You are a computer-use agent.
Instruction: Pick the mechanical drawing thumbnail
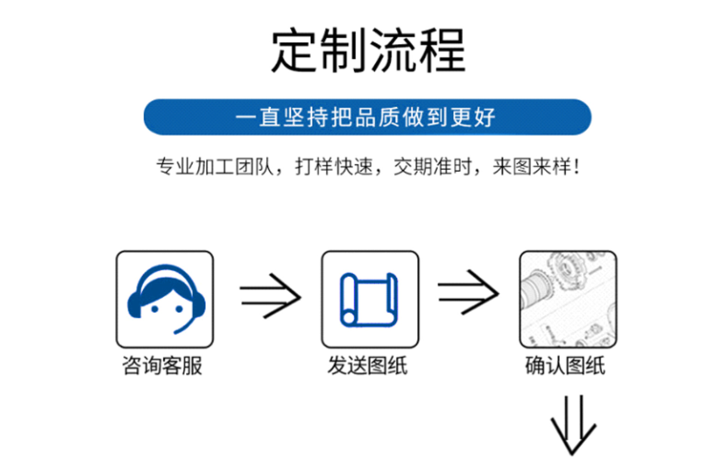pyautogui.click(x=568, y=299)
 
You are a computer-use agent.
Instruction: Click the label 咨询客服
pyautogui.click(x=162, y=366)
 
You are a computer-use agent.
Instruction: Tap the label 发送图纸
pyautogui.click(x=367, y=366)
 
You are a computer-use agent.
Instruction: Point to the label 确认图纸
pyautogui.click(x=565, y=366)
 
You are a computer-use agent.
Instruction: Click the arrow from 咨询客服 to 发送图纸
pyautogui.click(x=270, y=296)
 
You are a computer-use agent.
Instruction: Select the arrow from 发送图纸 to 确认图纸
pyautogui.click(x=468, y=293)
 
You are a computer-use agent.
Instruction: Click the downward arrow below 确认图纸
pyautogui.click(x=574, y=424)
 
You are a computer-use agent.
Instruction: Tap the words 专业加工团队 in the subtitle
pyautogui.click(x=215, y=166)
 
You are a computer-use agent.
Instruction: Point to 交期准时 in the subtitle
pyautogui.click(x=432, y=166)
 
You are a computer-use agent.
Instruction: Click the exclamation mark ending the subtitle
pyautogui.click(x=576, y=166)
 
